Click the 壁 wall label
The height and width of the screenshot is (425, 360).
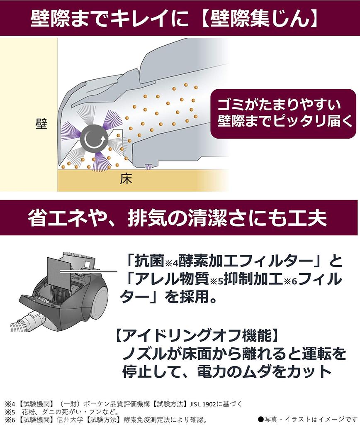tap(41, 124)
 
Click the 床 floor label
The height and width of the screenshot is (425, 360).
tap(126, 179)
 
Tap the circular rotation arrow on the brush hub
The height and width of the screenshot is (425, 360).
tap(94, 139)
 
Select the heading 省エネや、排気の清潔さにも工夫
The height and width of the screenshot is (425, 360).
tap(178, 217)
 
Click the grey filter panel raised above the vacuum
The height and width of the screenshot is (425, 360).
tap(61, 271)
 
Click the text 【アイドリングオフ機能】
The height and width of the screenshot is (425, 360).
tap(197, 335)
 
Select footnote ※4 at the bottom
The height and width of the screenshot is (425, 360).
tap(123, 404)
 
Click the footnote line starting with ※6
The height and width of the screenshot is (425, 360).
tap(106, 420)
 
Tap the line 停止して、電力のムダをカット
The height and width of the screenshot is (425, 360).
tap(227, 371)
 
